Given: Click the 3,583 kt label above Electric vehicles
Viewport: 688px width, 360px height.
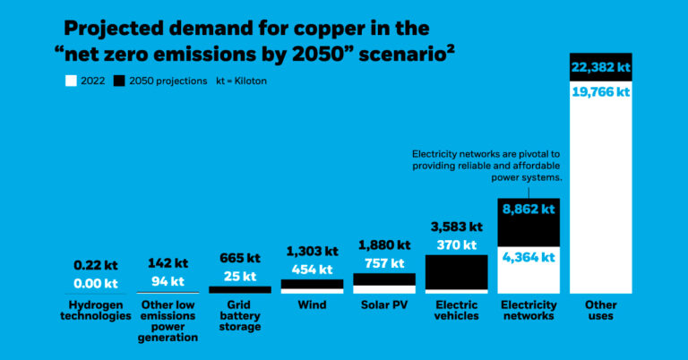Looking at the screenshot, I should [x=457, y=227].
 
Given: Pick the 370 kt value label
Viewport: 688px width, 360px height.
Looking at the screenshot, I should [x=457, y=244].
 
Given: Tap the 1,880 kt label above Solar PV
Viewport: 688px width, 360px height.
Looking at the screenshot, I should [x=384, y=244].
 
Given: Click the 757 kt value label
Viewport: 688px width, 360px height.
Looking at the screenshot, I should [x=384, y=263].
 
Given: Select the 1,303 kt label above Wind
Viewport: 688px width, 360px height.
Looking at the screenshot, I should [x=312, y=251].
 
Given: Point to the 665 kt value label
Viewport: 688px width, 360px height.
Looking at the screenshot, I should [x=240, y=258].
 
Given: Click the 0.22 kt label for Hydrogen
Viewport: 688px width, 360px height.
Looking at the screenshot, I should [x=95, y=265].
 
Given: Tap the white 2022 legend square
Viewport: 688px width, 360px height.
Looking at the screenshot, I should [x=70, y=81].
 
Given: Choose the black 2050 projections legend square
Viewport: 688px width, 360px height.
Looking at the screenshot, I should [x=120, y=81].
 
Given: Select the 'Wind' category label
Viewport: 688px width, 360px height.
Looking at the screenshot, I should [x=312, y=305].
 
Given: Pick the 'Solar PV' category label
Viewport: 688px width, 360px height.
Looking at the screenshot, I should [x=384, y=305].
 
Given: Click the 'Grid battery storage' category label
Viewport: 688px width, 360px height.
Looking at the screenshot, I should [x=240, y=316].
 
